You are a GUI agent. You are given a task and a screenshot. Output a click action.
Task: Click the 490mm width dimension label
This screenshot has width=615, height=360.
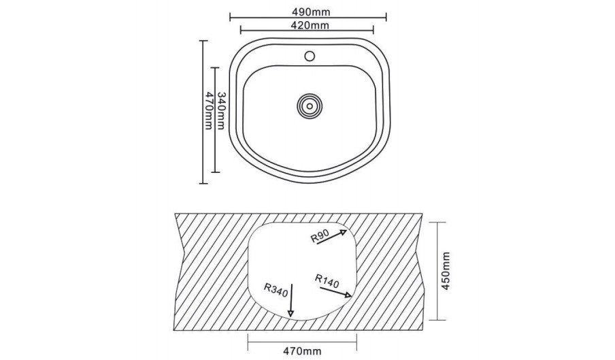pos(311,12)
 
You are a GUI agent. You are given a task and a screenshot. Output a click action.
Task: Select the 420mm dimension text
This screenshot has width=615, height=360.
pos(310,25)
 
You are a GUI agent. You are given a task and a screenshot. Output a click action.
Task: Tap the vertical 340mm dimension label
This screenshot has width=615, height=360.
pos(221,111)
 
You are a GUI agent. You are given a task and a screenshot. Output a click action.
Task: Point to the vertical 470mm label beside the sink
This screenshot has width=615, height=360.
pos(209,111)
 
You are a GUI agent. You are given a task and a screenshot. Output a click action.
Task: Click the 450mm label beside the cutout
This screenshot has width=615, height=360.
pos(445,271)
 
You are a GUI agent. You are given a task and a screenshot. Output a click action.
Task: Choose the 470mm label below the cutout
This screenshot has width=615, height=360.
pos(302,350)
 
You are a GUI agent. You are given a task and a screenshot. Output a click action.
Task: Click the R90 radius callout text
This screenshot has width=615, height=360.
pos(319,236)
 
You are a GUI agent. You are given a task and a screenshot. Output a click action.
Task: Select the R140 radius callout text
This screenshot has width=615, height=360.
pos(327,281)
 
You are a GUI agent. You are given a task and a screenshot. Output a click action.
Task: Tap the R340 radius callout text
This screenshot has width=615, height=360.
pos(276,290)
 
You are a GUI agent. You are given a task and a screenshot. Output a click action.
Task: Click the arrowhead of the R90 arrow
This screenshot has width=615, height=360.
pos(344,233)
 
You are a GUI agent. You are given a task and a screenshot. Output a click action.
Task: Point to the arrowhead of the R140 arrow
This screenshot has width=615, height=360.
pos(348,295)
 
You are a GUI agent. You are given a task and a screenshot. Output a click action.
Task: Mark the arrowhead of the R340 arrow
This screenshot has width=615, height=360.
pos(290,313)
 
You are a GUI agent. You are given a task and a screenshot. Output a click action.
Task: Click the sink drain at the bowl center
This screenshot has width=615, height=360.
pos(310,105)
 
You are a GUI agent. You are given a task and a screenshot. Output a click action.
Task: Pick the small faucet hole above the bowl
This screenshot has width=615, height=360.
pos(310,56)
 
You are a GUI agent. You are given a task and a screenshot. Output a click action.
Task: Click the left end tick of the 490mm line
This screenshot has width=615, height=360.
pos(230,17)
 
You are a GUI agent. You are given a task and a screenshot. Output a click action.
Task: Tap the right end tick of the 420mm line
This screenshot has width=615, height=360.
pos(373,29)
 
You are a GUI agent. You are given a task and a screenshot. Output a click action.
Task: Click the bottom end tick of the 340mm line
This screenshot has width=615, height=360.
pos(216,171)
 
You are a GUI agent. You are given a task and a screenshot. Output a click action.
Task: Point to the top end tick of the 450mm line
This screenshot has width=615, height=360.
pos(437,223)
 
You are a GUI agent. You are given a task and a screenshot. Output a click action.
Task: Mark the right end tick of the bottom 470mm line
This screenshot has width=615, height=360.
pos(356,342)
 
